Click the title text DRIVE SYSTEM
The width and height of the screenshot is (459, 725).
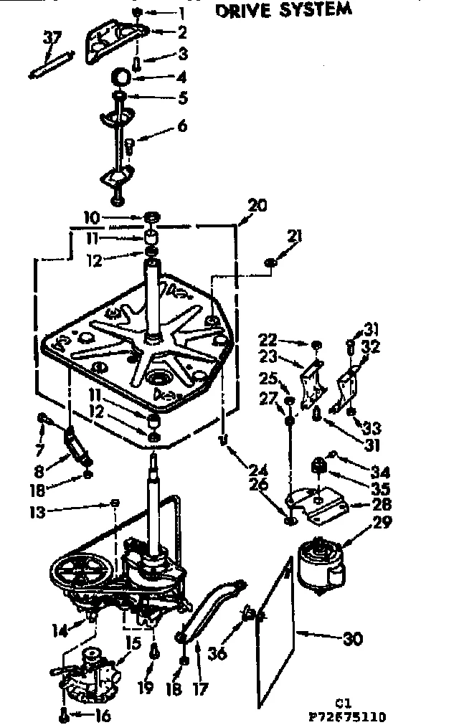click(x=285, y=10)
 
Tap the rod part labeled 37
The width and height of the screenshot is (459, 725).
click(x=49, y=65)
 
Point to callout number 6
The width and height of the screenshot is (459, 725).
click(x=183, y=125)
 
